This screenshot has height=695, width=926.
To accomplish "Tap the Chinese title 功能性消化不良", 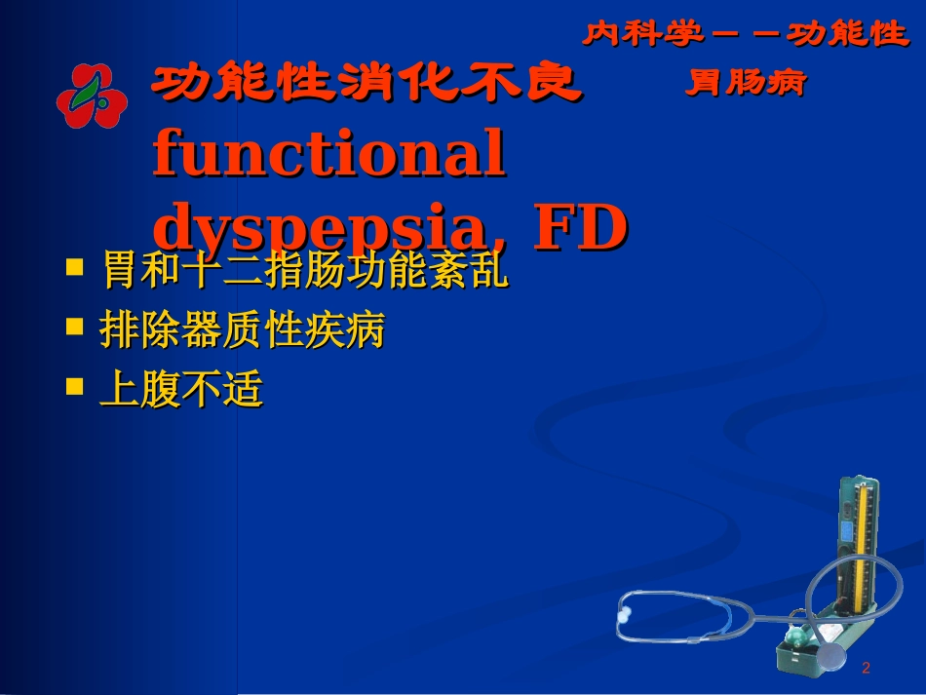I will point(367,85).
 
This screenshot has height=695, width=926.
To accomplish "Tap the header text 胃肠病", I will point(746,84).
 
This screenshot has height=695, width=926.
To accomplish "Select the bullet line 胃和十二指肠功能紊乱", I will point(305,272).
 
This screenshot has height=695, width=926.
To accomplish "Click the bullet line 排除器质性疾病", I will point(242,331).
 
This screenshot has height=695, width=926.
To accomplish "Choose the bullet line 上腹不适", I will point(181,390).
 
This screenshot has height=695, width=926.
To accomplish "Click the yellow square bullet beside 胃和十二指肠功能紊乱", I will point(73,266).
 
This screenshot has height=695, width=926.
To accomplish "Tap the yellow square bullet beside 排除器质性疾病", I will point(73,326).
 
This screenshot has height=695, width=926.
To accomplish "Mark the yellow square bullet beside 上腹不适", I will point(73,385).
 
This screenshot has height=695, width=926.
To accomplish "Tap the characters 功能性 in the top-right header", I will point(846,35).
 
